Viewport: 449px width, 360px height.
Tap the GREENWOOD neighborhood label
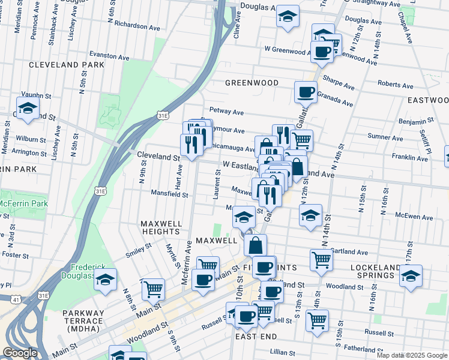tap(252, 82)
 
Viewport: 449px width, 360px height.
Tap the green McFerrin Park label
tap(24, 204)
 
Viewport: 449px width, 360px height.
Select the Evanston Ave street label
tap(109, 56)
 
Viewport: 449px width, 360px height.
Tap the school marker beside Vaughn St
tap(28, 109)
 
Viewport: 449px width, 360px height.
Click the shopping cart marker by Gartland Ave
tap(321, 260)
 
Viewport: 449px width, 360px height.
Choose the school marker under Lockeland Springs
tap(411, 277)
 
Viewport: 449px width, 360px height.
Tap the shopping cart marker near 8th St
tap(153, 289)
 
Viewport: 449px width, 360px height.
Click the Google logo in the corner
tap(19, 353)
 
